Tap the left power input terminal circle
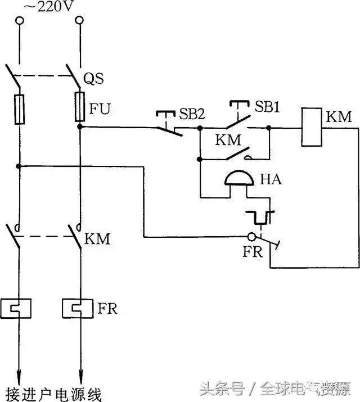point(20,21)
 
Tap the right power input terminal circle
point(79,21)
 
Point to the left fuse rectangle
point(20,109)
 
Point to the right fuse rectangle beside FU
point(80,108)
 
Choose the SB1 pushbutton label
point(267,107)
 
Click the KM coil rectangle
point(312,127)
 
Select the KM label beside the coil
point(338,118)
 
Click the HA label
point(271,180)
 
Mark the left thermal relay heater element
point(20,308)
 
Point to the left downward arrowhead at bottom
point(20,374)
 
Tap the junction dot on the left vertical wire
point(20,166)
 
